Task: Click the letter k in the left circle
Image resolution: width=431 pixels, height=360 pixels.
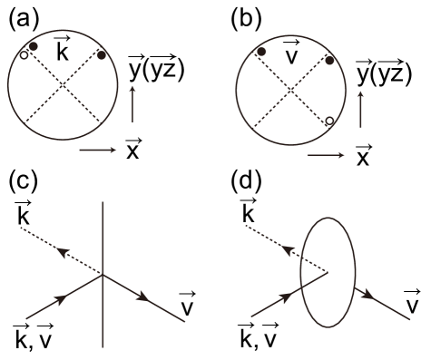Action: (63, 54)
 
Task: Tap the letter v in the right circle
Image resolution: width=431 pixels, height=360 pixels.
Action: (290, 56)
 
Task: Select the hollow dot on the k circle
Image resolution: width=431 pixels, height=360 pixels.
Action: (24, 55)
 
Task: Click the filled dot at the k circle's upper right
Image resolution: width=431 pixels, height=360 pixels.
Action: (102, 55)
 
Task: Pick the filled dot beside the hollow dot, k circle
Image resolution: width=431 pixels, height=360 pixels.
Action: (33, 46)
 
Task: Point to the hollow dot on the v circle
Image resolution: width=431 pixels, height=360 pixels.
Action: (329, 120)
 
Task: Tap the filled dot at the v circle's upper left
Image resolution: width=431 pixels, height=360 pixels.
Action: (261, 52)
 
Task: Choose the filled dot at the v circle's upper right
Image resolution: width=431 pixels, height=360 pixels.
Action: (329, 61)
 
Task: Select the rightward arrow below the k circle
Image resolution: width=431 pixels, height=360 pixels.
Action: (98, 150)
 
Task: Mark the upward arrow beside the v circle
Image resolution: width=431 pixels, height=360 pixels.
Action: (360, 108)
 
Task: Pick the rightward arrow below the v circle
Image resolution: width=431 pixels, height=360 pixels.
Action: (326, 155)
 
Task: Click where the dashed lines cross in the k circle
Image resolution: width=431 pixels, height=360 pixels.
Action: (63, 86)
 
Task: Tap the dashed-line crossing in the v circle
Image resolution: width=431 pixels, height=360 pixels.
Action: (290, 91)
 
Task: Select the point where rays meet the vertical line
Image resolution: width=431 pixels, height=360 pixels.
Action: (103, 274)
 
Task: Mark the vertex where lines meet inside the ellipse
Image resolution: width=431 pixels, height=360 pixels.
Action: (328, 271)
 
